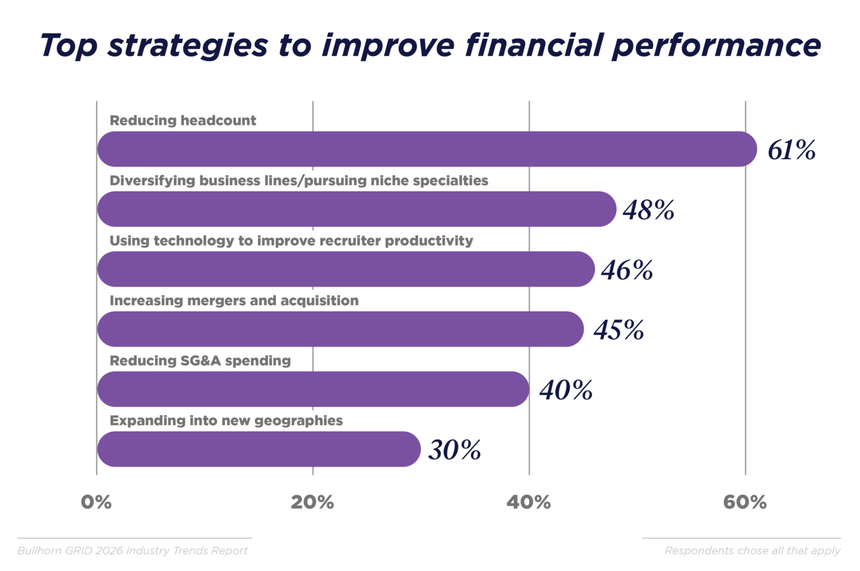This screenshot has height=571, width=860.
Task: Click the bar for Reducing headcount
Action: tap(426, 149)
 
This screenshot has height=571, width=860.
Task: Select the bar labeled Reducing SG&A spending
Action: tap(313, 389)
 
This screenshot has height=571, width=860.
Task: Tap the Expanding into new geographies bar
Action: tap(259, 449)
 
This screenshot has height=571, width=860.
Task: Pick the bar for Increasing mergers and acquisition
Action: tap(340, 329)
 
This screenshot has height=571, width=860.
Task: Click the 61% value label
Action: tap(791, 150)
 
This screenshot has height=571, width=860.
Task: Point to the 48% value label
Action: tap(649, 210)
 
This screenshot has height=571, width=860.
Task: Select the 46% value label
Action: tap(627, 270)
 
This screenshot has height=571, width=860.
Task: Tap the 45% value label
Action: tap(619, 330)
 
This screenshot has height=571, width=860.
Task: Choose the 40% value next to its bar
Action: tap(566, 390)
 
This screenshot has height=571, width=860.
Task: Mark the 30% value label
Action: tap(454, 450)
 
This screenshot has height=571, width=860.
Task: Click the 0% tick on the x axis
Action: tap(96, 502)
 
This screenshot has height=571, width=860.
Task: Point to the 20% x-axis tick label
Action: tap(312, 502)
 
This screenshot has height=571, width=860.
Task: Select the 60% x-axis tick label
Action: tap(745, 502)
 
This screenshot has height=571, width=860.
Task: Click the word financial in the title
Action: tap(533, 45)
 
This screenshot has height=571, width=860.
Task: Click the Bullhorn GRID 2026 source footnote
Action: tap(133, 551)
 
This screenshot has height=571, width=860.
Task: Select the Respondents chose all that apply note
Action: tap(752, 551)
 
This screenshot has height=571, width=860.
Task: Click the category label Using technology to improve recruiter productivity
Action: tap(291, 241)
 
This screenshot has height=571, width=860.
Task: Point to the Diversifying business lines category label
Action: tap(299, 181)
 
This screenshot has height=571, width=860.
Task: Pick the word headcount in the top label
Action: tap(222, 121)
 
